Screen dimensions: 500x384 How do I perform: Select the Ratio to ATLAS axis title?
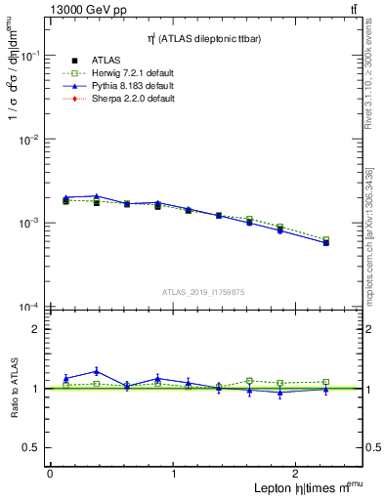click(x=13, y=389)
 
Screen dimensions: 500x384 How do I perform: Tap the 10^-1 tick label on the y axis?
click(x=28, y=56)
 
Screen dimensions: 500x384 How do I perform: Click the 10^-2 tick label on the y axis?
click(x=28, y=140)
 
